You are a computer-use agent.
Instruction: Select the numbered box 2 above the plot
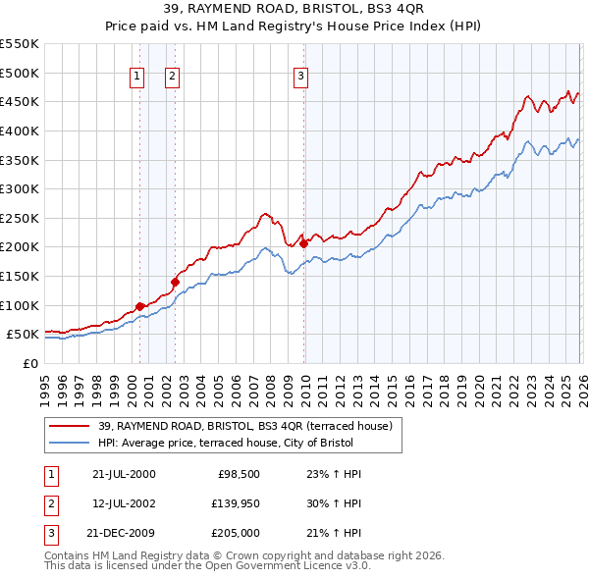coord(172,78)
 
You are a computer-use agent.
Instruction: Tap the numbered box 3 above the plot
coord(300,78)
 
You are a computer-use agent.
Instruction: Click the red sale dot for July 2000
coord(140,306)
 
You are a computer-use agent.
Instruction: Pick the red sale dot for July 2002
coord(175,282)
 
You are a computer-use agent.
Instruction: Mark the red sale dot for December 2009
coord(303,243)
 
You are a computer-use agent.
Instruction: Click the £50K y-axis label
coord(22,335)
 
